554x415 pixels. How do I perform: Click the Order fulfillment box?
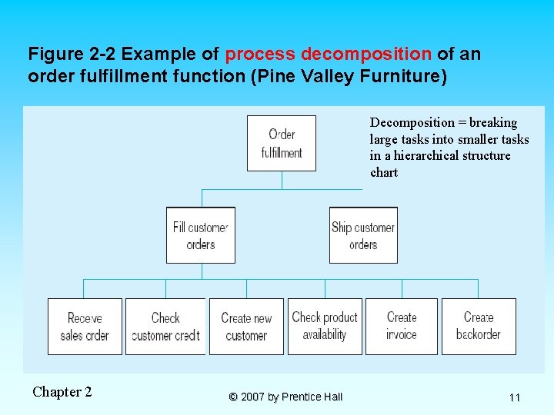click(x=282, y=143)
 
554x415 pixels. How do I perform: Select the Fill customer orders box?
click(x=201, y=235)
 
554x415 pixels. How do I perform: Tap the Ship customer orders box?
click(x=363, y=235)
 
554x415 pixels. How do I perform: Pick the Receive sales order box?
click(x=85, y=326)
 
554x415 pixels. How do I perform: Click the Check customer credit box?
click(x=165, y=326)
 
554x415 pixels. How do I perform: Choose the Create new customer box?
click(x=246, y=326)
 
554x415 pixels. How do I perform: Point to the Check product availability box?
click(x=325, y=326)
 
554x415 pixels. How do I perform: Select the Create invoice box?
click(x=401, y=326)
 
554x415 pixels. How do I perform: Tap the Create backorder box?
click(x=478, y=326)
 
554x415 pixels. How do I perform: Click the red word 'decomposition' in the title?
click(x=366, y=55)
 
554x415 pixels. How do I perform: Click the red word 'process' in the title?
click(x=260, y=55)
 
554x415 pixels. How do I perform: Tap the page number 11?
click(x=515, y=397)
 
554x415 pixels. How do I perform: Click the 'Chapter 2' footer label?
click(x=62, y=392)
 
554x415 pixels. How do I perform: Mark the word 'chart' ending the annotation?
click(x=384, y=173)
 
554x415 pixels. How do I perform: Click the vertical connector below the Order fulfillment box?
click(x=282, y=180)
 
